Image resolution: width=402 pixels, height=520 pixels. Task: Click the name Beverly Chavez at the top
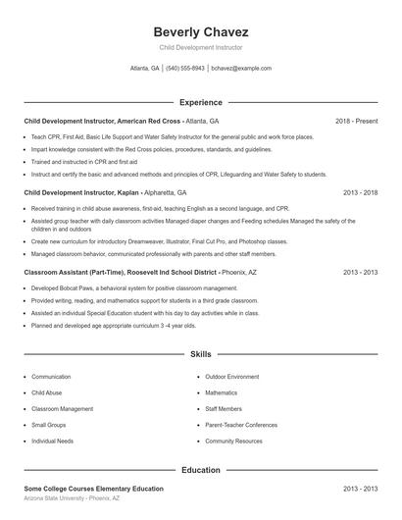(x=201, y=31)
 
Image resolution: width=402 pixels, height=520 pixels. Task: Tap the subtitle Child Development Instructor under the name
(x=201, y=47)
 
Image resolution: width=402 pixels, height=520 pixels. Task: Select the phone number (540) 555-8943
(x=185, y=69)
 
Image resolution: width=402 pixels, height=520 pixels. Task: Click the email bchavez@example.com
(x=241, y=69)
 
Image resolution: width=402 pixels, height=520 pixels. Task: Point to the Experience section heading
(x=201, y=102)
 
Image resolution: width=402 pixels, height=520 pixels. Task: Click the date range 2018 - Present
(x=356, y=121)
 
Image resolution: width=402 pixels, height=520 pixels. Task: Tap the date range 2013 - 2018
(x=360, y=193)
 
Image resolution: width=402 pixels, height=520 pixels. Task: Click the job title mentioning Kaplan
(x=80, y=193)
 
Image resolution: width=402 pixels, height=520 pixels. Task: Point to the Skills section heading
(x=201, y=353)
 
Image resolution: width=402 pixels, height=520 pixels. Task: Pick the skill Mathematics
(x=225, y=392)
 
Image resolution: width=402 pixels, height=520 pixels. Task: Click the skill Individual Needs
(x=53, y=442)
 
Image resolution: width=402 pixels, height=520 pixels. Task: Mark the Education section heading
(x=201, y=470)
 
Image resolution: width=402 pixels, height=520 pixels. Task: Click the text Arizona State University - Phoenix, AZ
(x=72, y=498)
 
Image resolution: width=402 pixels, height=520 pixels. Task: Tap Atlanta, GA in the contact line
(x=144, y=69)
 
